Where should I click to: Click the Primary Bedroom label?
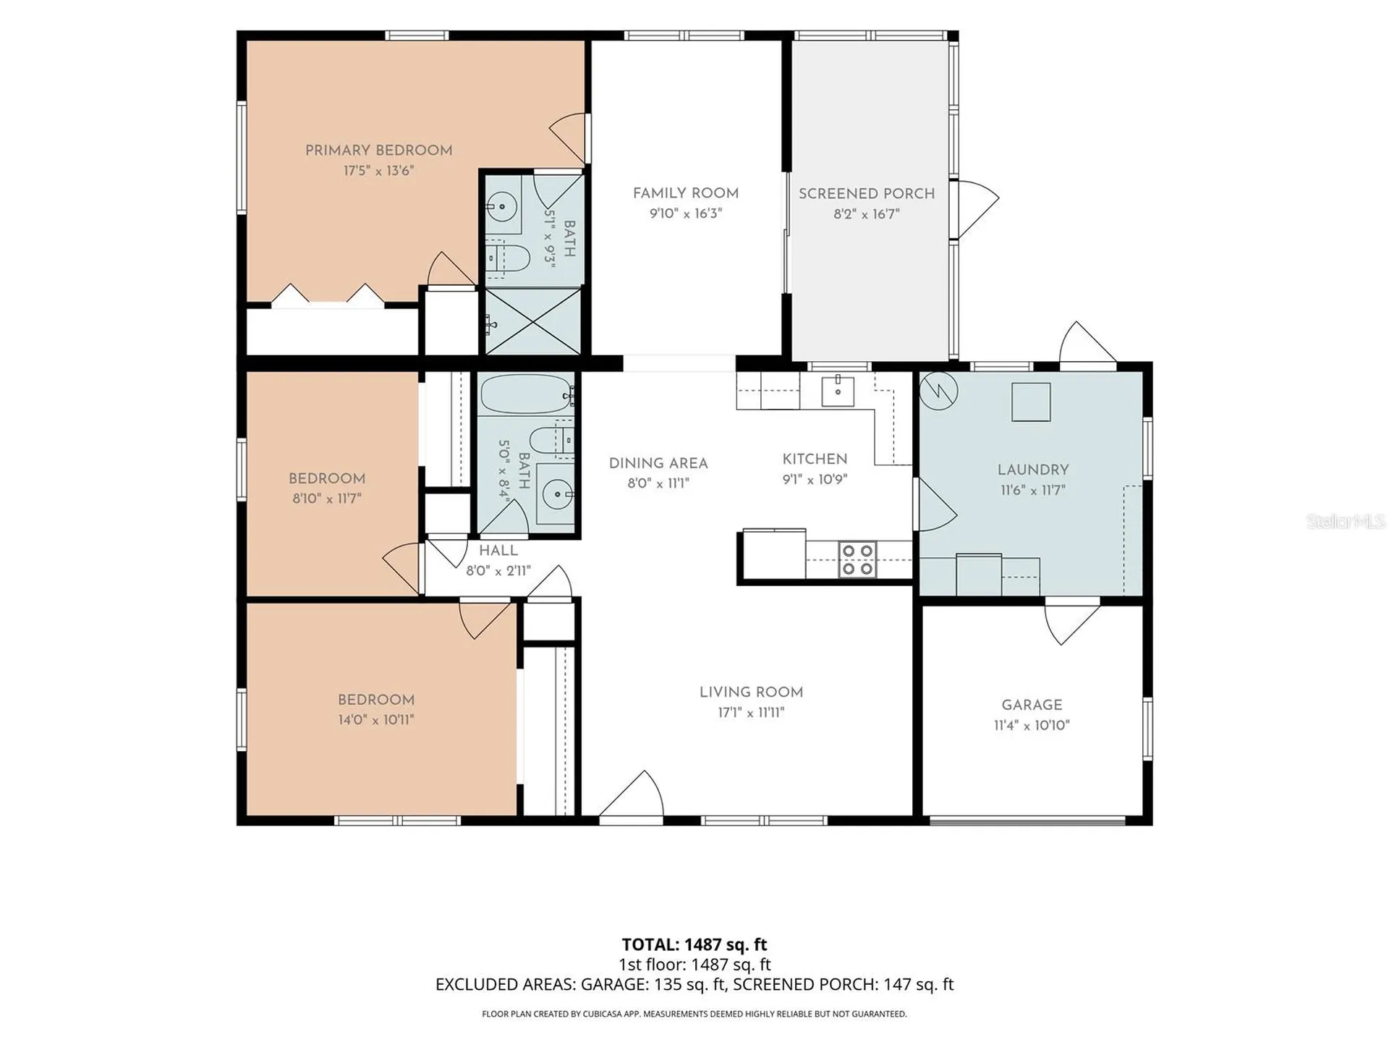click(378, 151)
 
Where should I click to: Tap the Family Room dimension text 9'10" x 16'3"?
click(686, 213)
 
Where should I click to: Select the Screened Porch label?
click(867, 194)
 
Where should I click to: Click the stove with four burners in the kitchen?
click(858, 560)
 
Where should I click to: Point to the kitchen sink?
click(838, 391)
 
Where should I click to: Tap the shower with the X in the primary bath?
click(532, 322)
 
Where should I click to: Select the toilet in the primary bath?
click(506, 258)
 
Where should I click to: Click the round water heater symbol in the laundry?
click(939, 391)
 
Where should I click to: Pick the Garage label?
click(1032, 705)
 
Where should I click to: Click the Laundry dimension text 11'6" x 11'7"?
click(1033, 490)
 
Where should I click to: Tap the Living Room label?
click(751, 692)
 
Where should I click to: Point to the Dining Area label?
click(658, 464)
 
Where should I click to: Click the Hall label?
click(498, 551)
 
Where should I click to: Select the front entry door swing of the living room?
click(632, 795)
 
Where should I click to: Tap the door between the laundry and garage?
click(1072, 622)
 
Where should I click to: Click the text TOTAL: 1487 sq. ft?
click(694, 944)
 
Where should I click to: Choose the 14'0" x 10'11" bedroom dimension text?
click(376, 720)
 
